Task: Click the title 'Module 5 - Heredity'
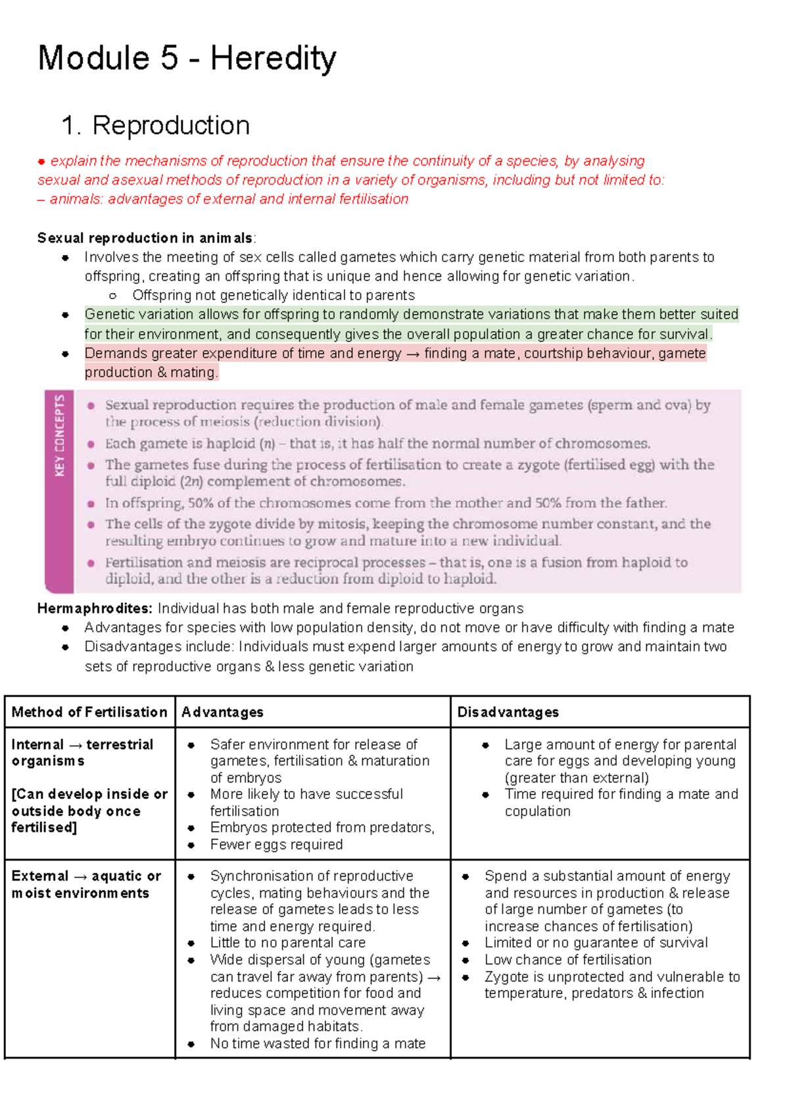(187, 58)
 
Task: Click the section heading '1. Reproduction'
(155, 125)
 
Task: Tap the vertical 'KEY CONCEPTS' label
(60, 435)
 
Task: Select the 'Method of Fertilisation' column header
(89, 712)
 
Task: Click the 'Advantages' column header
(222, 712)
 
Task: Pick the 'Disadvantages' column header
(508, 712)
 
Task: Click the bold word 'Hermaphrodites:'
(95, 608)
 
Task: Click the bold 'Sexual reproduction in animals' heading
(145, 238)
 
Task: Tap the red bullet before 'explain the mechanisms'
(41, 162)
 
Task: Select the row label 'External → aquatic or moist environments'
(85, 884)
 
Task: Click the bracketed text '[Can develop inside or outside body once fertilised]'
(89, 811)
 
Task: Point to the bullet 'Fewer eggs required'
(276, 845)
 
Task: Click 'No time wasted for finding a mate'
(318, 1043)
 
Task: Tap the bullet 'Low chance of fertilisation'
(567, 960)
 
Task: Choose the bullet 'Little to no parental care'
(287, 943)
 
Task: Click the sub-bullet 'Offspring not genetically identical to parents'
(273, 296)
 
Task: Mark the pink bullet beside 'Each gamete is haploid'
(91, 444)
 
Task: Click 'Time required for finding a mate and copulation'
(620, 802)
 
